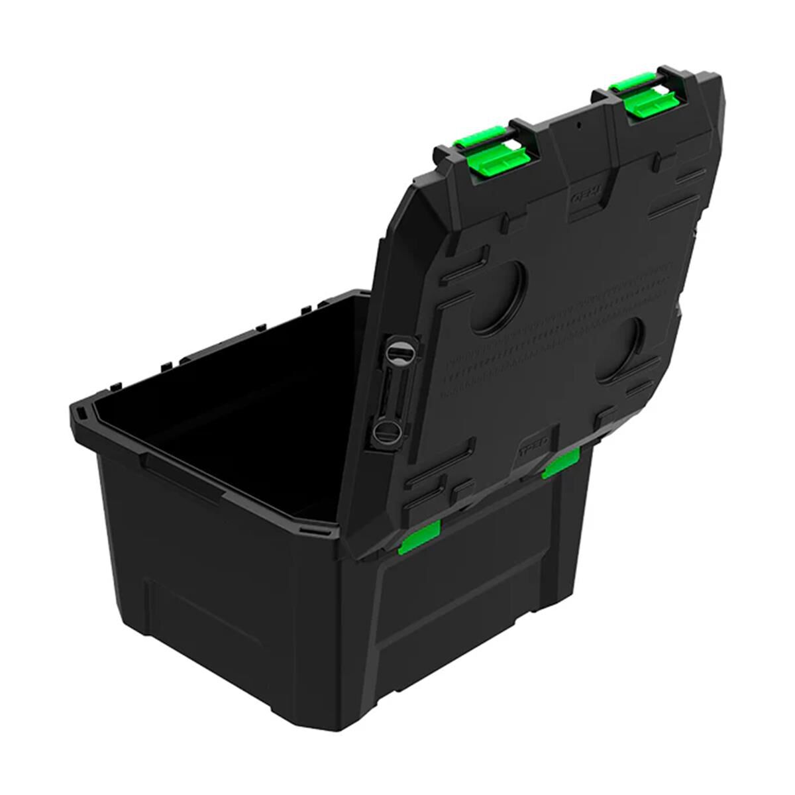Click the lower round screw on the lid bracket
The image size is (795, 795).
(385, 432)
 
